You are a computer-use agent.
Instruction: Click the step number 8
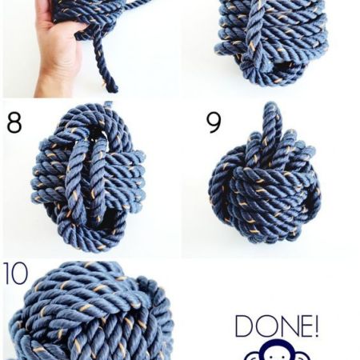[x=14, y=122]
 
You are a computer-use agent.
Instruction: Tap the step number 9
[x=214, y=122]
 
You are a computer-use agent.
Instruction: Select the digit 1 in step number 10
[x=6, y=274]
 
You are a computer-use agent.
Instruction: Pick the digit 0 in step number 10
[x=19, y=274]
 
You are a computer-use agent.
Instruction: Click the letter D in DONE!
[x=244, y=326]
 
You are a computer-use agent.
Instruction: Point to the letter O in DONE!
[x=265, y=326]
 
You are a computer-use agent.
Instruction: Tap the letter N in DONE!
[x=286, y=326]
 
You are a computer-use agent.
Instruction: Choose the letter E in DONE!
[x=303, y=326]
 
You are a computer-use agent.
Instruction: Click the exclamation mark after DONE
[x=315, y=326]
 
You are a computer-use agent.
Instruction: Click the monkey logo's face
[x=278, y=354]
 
